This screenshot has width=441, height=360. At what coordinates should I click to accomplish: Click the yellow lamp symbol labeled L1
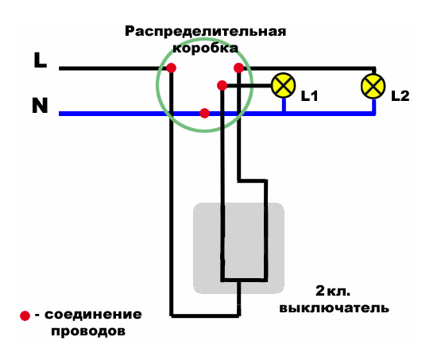(284, 86)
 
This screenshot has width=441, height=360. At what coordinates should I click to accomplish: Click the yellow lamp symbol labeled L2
(373, 86)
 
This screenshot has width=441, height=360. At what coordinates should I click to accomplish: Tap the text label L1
(310, 96)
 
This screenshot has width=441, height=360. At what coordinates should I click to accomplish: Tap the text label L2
(400, 96)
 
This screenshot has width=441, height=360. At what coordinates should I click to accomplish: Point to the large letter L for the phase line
(41, 60)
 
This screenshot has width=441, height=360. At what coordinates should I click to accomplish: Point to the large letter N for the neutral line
(40, 106)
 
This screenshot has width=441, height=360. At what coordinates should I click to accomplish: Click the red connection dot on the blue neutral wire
(204, 113)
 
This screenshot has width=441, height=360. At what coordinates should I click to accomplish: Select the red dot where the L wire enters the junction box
(171, 68)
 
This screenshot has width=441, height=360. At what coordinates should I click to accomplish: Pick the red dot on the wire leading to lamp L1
(222, 85)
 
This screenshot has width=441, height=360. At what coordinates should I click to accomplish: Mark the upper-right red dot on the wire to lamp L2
(238, 68)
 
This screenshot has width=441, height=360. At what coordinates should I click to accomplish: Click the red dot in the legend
(25, 315)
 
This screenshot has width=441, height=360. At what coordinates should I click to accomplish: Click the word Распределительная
(205, 31)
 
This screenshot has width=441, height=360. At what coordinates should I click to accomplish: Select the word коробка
(205, 48)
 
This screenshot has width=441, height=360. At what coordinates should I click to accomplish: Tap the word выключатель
(334, 308)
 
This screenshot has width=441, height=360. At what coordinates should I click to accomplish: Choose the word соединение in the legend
(93, 315)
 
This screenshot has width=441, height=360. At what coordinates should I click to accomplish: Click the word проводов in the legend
(88, 331)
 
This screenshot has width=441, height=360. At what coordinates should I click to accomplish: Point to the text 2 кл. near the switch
(333, 291)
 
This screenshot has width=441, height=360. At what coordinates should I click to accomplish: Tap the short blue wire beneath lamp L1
(284, 105)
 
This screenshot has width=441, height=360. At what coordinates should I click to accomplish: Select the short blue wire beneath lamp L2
(374, 105)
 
